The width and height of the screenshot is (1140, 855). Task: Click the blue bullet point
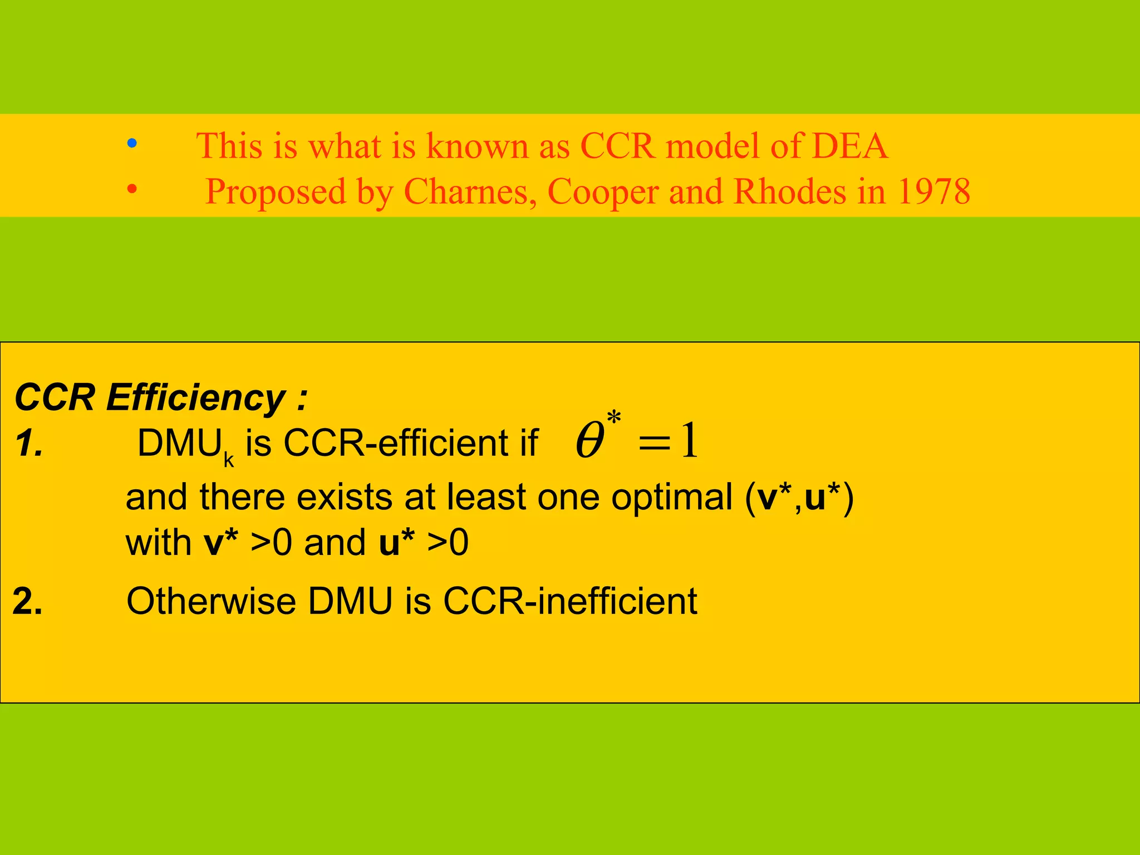pos(132,144)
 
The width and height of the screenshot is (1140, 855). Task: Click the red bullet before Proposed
pos(132,189)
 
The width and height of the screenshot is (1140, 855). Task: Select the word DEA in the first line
pos(849,146)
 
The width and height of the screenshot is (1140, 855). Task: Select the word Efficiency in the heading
pos(195,399)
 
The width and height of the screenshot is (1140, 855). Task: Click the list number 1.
pos(29,445)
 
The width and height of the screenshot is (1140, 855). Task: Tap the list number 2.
pos(28,602)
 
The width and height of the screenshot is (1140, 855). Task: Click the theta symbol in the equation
pos(590,441)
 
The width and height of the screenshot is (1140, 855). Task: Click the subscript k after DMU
pos(228,460)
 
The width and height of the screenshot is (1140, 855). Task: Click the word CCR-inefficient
pos(570,601)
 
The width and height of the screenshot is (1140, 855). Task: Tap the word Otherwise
pos(212,601)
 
